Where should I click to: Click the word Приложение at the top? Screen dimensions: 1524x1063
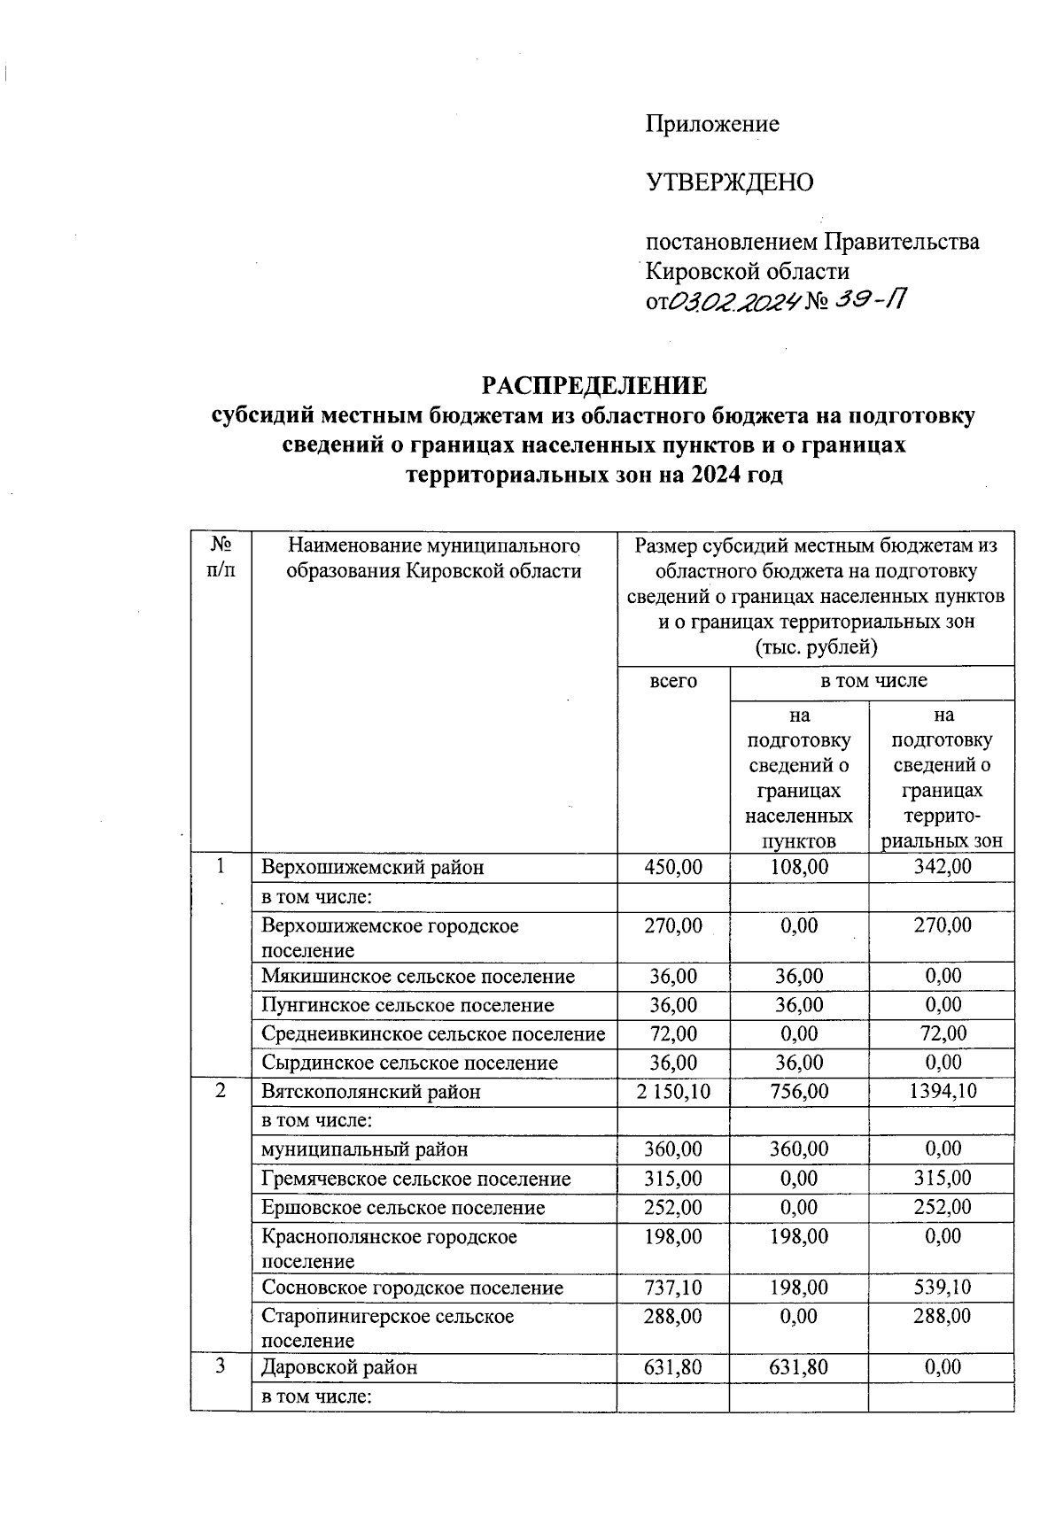coord(712,124)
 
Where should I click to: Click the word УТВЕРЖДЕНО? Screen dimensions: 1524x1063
coord(730,182)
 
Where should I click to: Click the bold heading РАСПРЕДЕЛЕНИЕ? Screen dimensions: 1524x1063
coord(594,385)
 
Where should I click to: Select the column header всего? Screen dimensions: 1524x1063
coord(673,681)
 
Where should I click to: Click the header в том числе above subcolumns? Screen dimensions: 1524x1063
coord(873,681)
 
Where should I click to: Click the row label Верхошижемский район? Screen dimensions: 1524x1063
coord(373,867)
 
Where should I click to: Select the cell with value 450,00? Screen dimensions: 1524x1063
coord(673,867)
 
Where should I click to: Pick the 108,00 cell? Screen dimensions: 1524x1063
coord(799,867)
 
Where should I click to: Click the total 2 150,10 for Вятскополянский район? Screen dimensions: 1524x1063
coord(673,1092)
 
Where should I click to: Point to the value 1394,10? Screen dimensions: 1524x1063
coord(943,1092)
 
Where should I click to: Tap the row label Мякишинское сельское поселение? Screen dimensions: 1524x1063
coord(418,977)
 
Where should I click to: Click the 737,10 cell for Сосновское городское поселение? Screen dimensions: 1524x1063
coord(673,1288)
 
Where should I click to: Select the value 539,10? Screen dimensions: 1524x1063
coord(943,1288)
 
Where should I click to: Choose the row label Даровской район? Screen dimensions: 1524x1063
coord(339,1367)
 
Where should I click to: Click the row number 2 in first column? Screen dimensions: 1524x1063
coord(221,1091)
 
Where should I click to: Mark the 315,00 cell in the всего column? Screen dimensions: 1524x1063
coord(673,1179)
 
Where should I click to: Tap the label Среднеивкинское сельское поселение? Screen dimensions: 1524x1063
coord(433,1034)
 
